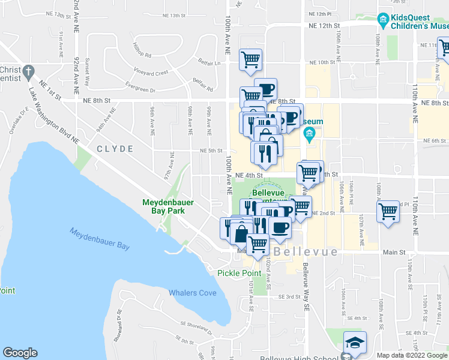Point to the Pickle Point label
(x=239, y=273)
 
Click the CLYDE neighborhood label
(x=114, y=148)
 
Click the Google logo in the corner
(x=20, y=353)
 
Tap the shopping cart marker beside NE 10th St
(x=250, y=59)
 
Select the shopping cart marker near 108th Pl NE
(x=388, y=211)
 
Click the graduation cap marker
(x=355, y=343)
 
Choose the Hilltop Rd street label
(x=142, y=55)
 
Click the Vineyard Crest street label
(x=151, y=72)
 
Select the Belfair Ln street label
(x=209, y=62)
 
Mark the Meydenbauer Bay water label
(x=99, y=239)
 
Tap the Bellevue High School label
(x=300, y=358)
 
